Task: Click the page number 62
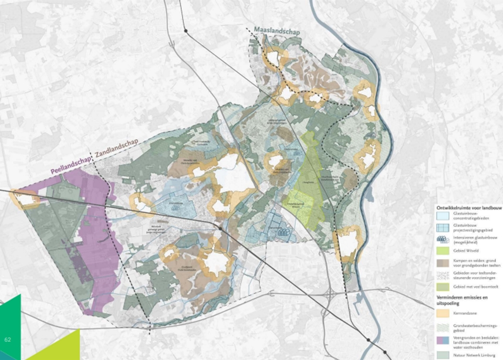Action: [x=8, y=339]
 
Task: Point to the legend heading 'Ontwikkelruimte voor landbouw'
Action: [x=467, y=208]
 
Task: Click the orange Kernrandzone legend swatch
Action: [x=442, y=314]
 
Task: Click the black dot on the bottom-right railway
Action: [x=368, y=339]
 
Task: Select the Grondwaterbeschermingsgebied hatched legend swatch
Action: [x=442, y=327]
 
